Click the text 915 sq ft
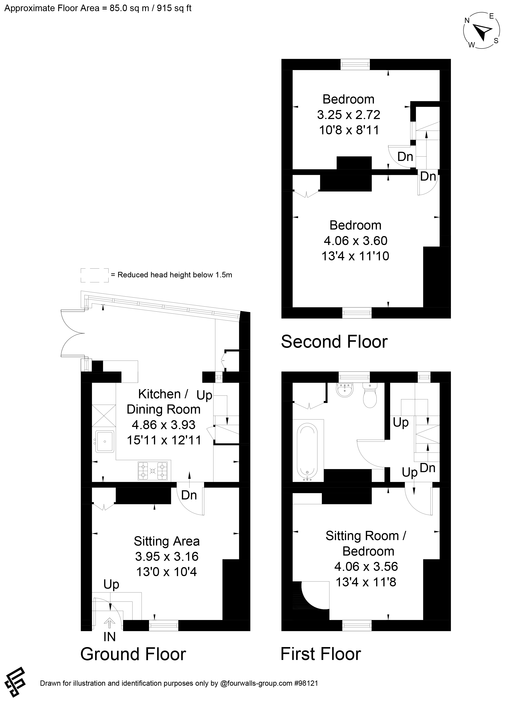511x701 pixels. [174, 8]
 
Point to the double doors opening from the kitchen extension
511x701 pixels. [73, 334]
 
